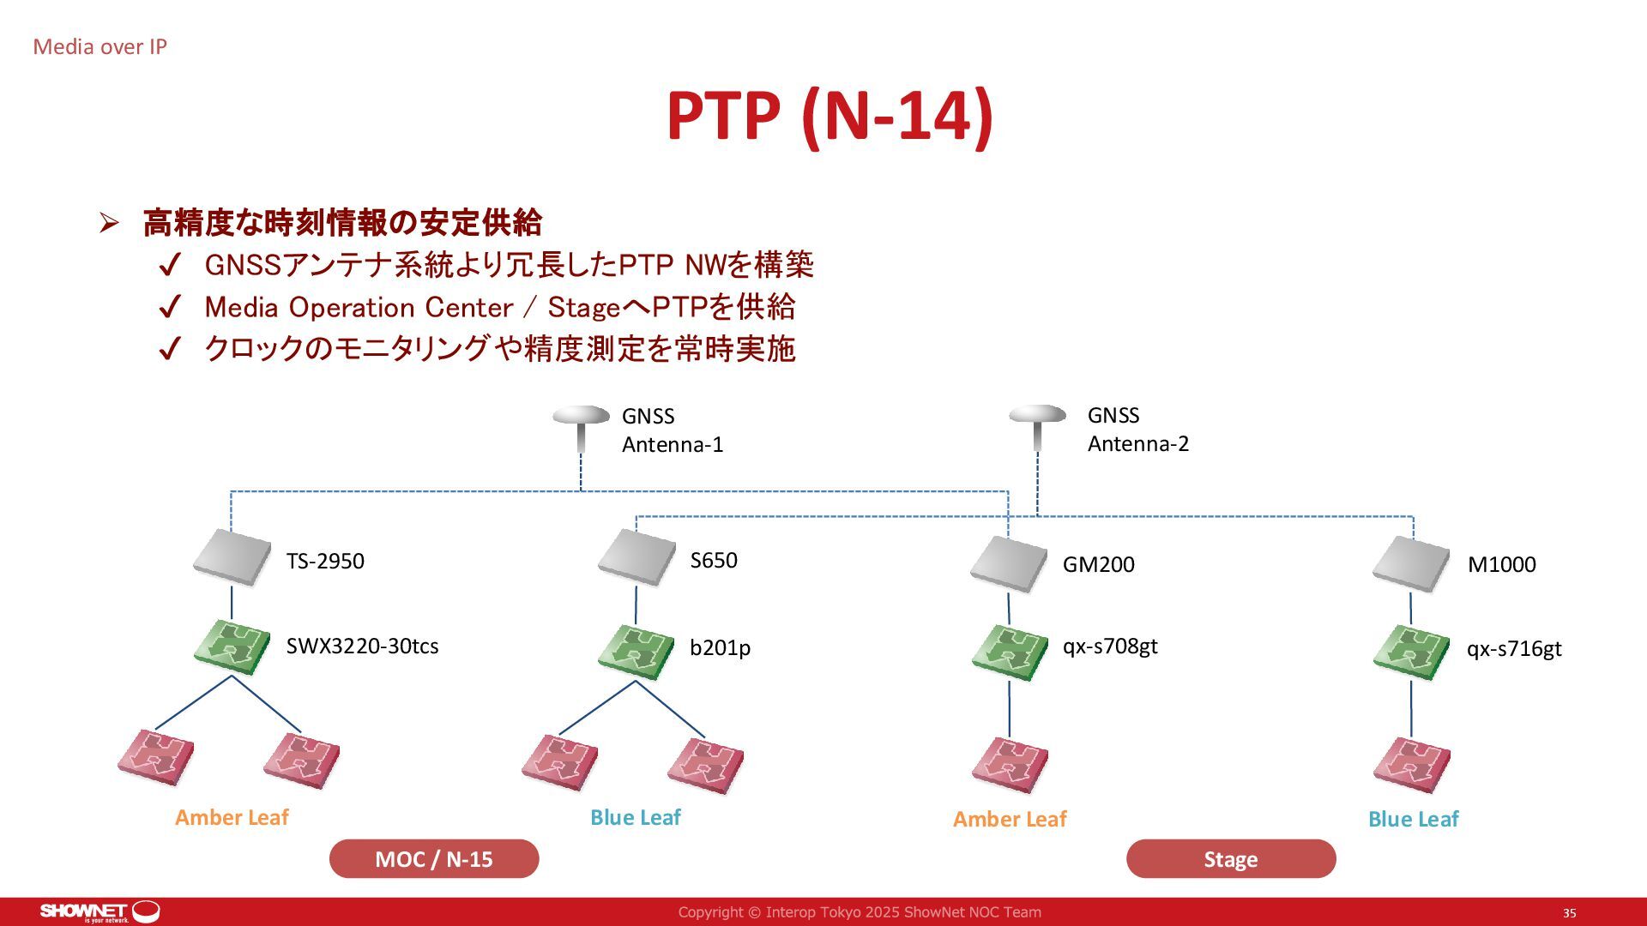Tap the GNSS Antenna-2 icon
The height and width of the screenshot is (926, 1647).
point(1037,425)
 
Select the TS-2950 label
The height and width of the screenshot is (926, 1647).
point(325,562)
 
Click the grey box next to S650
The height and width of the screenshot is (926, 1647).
point(636,557)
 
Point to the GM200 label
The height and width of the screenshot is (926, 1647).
point(1098,565)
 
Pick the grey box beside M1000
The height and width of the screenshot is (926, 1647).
point(1411,564)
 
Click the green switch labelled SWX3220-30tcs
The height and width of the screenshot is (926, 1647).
point(232,647)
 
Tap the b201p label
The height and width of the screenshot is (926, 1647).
point(720,648)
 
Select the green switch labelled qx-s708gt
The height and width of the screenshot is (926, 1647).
point(1010,651)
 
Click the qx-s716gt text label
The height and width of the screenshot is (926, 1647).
point(1514,649)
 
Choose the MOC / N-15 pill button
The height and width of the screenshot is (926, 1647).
point(434,859)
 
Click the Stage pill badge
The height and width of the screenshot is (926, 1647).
point(1231,859)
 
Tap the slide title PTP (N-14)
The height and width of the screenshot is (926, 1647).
point(830,116)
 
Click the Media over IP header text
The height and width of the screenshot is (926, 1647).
point(100,47)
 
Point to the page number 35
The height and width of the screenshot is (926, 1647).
point(1569,913)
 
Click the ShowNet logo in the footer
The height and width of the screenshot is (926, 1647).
point(100,911)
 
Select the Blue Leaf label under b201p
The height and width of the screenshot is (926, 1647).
point(635,818)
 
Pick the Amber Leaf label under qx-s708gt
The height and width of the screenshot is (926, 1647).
point(1010,820)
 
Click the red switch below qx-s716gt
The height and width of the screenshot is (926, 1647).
point(1411,764)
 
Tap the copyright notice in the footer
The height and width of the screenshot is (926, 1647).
point(860,912)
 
